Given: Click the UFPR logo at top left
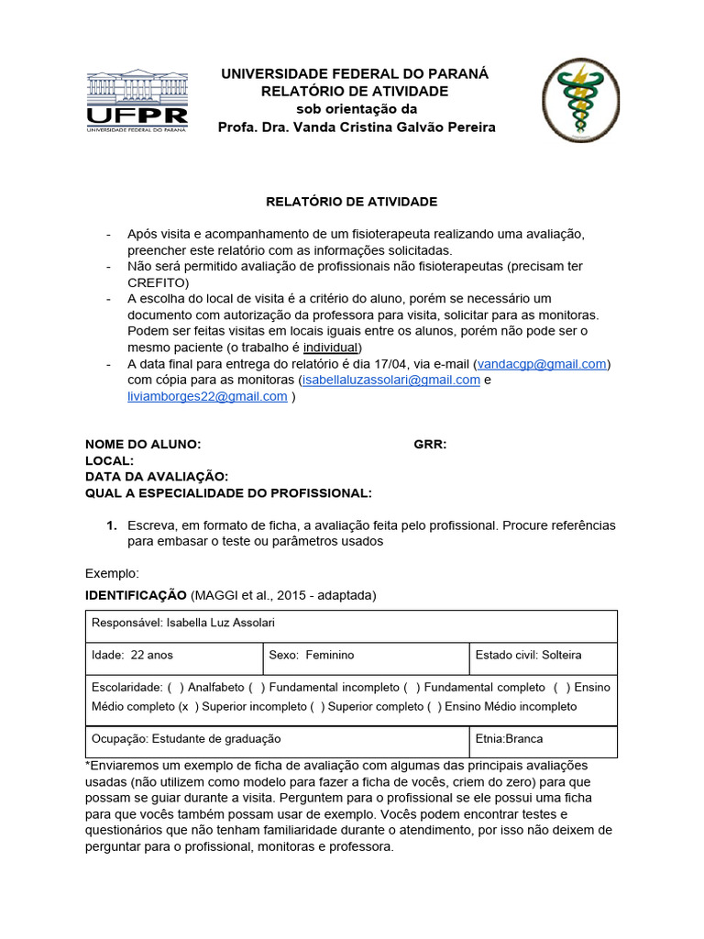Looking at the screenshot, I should point(137,101).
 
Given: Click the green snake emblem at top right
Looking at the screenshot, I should point(580,101).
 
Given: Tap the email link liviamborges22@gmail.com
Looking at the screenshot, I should point(207,397).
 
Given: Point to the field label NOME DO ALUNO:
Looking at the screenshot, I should point(143,445).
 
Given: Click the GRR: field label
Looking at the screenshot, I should point(430,445).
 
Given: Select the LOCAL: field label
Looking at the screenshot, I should point(110,461).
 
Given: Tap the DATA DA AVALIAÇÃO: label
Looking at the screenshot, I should point(157,477).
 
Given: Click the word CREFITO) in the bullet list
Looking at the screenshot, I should point(158,282).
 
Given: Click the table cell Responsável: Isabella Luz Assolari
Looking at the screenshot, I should point(184,624).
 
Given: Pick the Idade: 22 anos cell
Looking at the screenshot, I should point(133,656).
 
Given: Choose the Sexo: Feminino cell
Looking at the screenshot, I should point(312,656).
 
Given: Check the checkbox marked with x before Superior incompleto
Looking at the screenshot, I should point(187,707).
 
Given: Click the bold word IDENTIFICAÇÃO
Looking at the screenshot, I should point(136,596).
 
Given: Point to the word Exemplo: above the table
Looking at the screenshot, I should point(112,573).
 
